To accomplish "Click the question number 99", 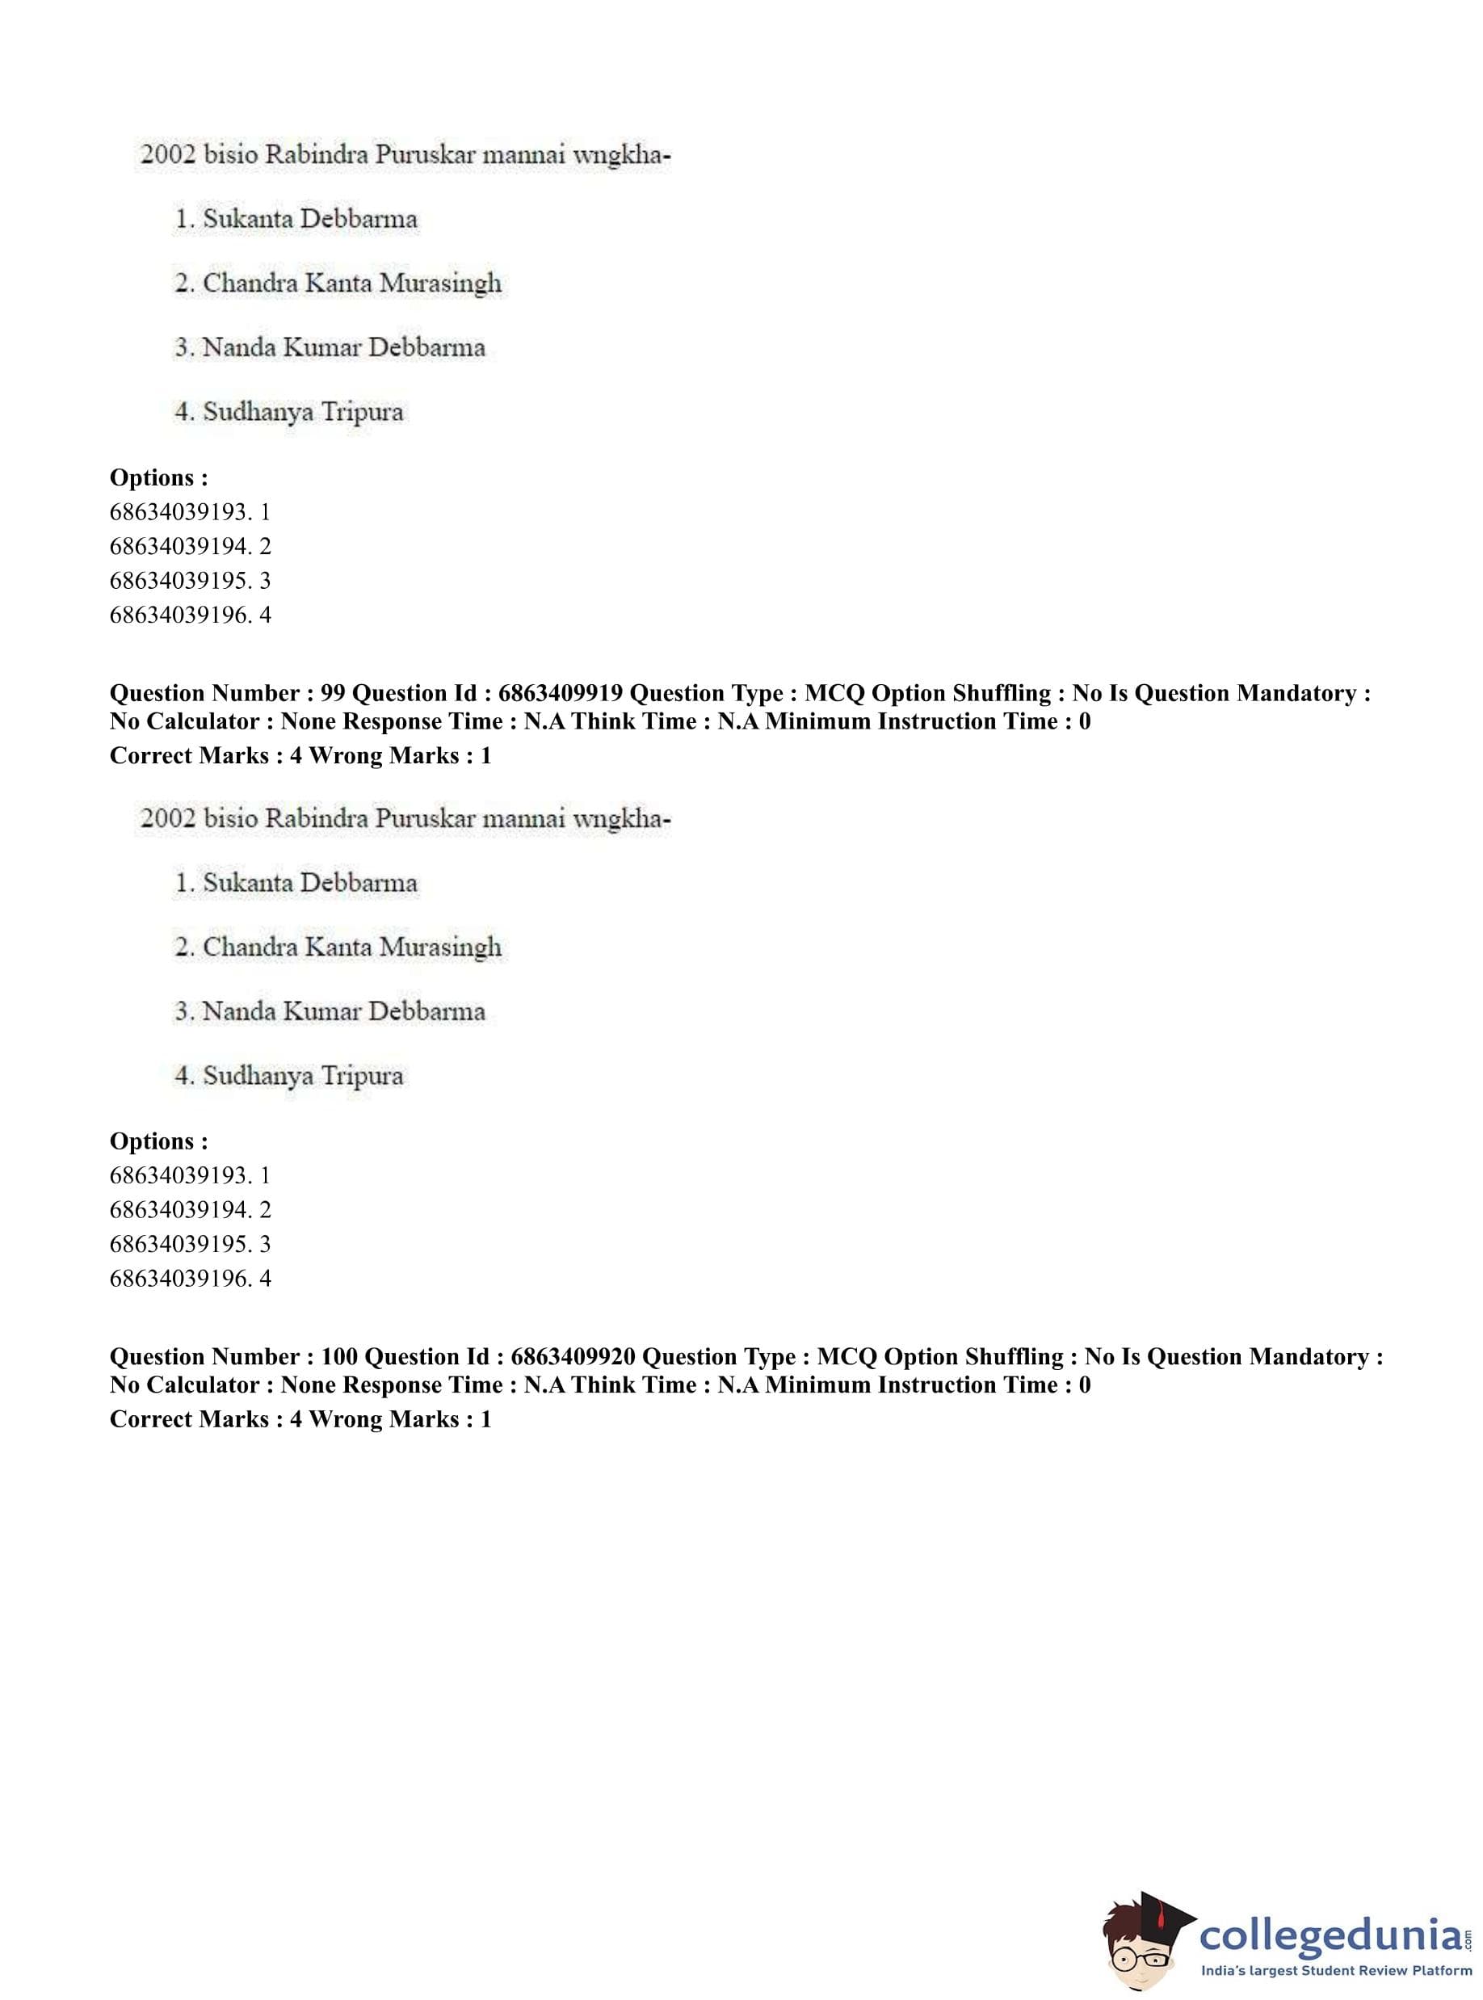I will [x=332, y=693].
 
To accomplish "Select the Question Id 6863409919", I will [x=561, y=693].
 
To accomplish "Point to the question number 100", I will [x=338, y=1356].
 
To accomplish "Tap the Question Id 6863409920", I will [x=573, y=1356].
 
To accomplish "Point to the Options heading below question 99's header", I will [x=159, y=1141].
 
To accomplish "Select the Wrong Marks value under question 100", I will [x=485, y=1419].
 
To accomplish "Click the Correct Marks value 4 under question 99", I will [x=296, y=756].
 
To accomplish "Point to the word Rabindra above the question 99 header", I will [x=317, y=155].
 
